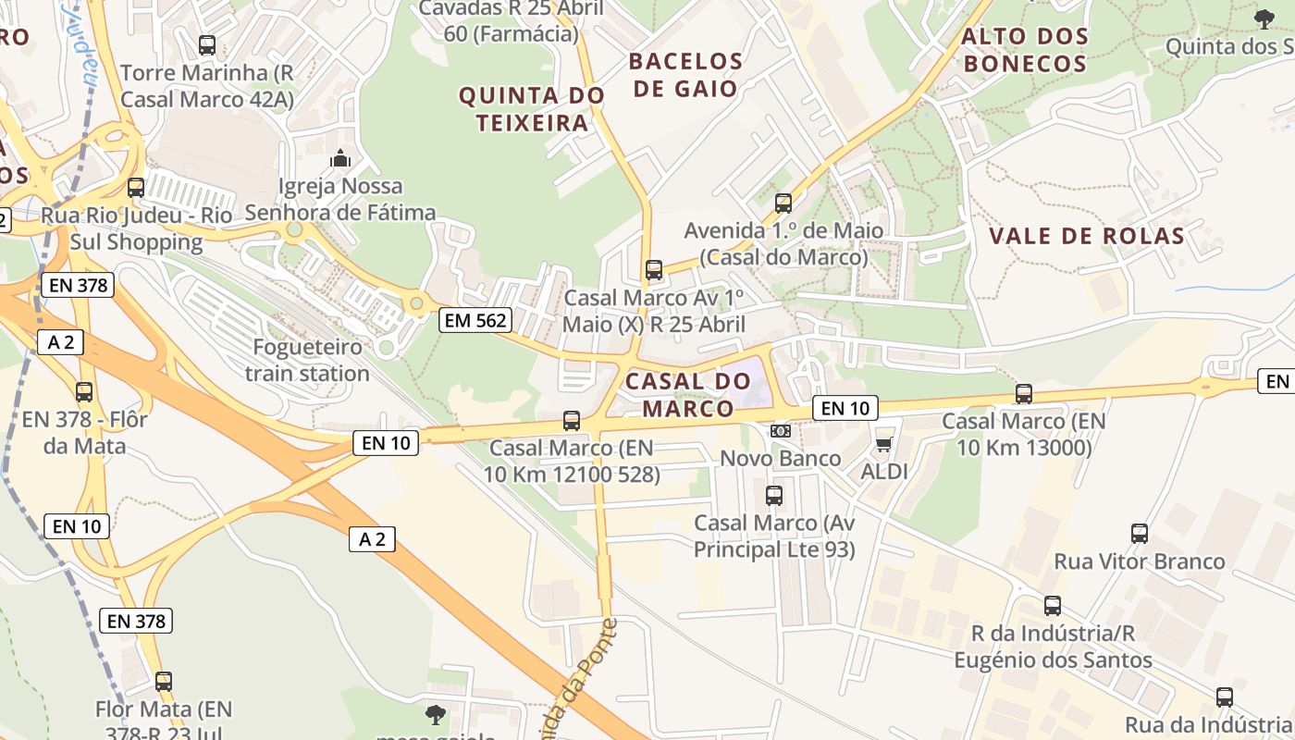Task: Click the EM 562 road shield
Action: (x=475, y=320)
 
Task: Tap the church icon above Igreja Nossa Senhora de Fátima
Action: (x=340, y=158)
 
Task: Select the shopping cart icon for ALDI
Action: (x=883, y=444)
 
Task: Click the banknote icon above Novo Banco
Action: (x=781, y=431)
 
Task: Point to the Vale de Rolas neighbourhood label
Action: (x=1087, y=236)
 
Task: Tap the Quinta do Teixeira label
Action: (x=532, y=109)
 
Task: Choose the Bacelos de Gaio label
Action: (x=685, y=75)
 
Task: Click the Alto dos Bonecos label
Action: (x=1025, y=50)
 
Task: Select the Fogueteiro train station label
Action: (x=307, y=361)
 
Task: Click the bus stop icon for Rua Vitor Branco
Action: (x=1140, y=534)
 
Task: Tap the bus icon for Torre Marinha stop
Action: (x=207, y=44)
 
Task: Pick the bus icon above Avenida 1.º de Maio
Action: (x=783, y=203)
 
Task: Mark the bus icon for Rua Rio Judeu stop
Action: (x=136, y=188)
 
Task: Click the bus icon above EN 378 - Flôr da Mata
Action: (x=84, y=391)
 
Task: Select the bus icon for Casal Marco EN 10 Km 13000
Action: (x=1023, y=394)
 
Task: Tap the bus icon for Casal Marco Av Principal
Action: (x=774, y=496)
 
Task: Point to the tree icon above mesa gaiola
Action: (x=435, y=714)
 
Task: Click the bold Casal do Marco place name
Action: (x=687, y=394)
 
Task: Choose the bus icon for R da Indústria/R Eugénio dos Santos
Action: (x=1053, y=606)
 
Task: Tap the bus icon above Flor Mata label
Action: (x=164, y=682)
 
